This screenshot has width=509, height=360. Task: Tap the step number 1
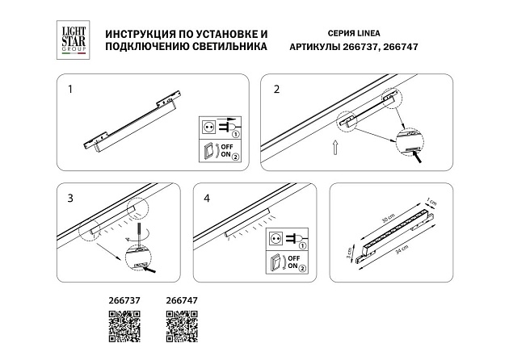70,88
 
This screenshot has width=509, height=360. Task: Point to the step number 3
70,197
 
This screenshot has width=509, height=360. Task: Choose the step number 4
207,197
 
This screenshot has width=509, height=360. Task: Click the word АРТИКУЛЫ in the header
315,47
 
